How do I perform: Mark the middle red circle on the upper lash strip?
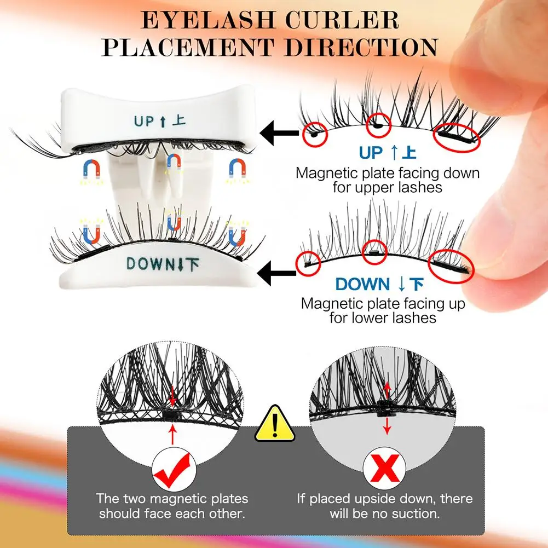[378, 125]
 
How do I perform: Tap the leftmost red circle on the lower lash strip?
[309, 263]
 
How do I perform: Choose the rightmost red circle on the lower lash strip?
[451, 267]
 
